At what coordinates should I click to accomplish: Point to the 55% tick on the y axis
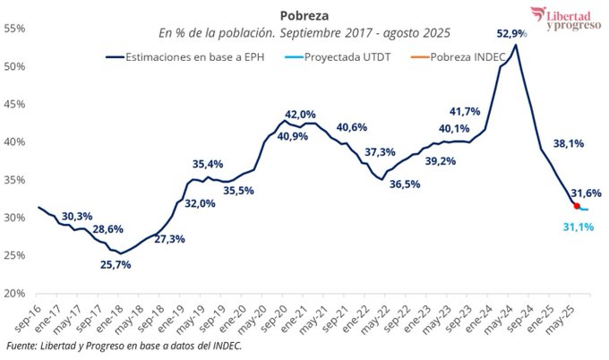[x=13, y=29]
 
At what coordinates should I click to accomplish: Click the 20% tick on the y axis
[x=13, y=293]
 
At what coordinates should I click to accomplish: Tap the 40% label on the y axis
[x=13, y=141]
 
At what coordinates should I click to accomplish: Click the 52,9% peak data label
[x=511, y=33]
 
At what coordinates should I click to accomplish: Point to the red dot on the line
[x=577, y=206]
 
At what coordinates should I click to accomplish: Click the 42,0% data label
[x=300, y=115]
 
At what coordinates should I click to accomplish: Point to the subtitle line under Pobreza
[x=304, y=33]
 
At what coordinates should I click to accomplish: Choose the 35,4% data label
[x=208, y=164]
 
